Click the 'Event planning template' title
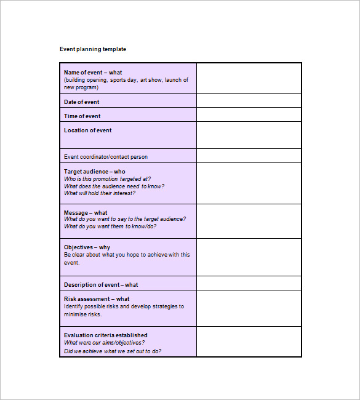(93, 49)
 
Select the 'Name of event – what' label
(93, 73)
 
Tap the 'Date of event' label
(81, 102)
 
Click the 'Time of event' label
(82, 116)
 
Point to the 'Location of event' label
(88, 130)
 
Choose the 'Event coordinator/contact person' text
(106, 157)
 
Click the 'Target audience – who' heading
(94, 172)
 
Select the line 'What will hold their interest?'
(100, 193)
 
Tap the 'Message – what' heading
(86, 213)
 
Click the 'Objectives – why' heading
(87, 247)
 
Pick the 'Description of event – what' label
(101, 285)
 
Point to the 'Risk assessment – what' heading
(97, 299)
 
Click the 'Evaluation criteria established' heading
(106, 335)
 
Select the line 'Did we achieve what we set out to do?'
(113, 351)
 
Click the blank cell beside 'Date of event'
(249, 101)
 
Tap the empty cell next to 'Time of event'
(249, 115)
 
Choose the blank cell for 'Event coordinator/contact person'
(249, 156)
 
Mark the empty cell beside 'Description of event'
(249, 284)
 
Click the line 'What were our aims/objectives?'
(105, 343)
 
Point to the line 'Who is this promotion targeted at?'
(107, 179)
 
